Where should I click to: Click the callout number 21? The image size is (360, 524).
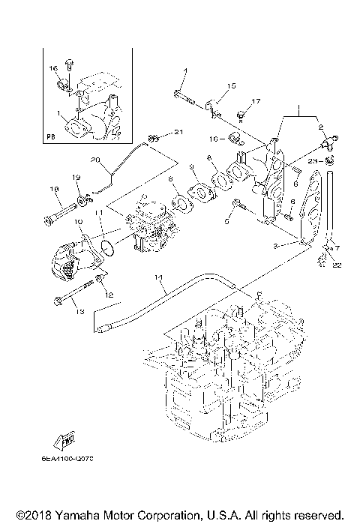click(x=178, y=133)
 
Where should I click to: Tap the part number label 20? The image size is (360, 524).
click(x=95, y=160)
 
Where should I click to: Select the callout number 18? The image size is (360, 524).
click(x=53, y=189)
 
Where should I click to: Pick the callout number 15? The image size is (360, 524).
click(x=232, y=85)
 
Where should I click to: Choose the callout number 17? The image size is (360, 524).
click(x=256, y=101)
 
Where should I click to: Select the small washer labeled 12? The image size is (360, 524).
click(x=98, y=283)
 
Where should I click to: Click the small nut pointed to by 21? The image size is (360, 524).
click(x=153, y=137)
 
